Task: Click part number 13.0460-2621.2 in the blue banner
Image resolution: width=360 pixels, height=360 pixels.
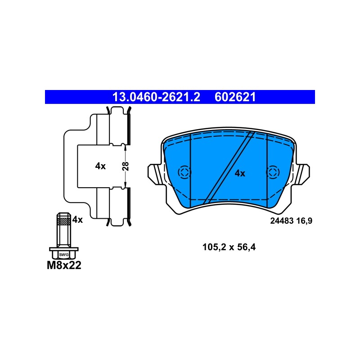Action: pos(156,97)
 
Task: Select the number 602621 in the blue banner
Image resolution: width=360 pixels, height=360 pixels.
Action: pos(235,97)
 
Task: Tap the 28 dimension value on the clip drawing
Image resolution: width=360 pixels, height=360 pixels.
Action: pos(126,166)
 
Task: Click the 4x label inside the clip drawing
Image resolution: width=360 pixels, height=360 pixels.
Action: pos(100,166)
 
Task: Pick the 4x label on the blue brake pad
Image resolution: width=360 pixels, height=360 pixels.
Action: pos(240,173)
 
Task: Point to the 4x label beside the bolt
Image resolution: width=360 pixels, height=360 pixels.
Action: pos(77,220)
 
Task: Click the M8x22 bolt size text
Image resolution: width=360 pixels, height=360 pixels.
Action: pos(64,265)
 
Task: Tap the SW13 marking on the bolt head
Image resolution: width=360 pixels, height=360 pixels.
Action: pos(64,255)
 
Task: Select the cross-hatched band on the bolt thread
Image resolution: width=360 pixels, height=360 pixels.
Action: pos(64,221)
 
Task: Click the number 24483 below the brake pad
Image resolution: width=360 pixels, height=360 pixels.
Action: pos(282,221)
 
